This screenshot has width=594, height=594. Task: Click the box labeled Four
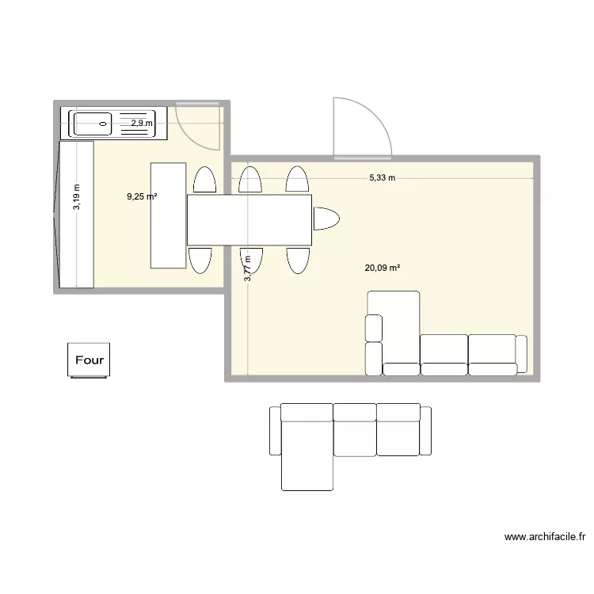(89, 360)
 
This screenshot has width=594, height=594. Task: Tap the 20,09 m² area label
(382, 268)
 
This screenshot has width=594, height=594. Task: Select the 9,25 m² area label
(141, 196)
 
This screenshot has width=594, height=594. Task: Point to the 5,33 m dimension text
(382, 178)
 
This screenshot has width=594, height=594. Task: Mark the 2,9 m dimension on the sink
(142, 123)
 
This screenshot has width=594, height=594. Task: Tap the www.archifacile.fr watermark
(544, 538)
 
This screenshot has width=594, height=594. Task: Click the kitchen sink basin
(93, 123)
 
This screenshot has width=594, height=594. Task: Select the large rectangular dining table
(249, 219)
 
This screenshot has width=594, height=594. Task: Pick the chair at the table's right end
(325, 219)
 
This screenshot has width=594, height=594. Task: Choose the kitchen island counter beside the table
(169, 215)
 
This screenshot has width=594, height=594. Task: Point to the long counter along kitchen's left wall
(78, 214)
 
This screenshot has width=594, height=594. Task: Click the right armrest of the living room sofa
(520, 353)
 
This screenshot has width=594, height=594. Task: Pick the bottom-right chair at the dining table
(298, 260)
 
